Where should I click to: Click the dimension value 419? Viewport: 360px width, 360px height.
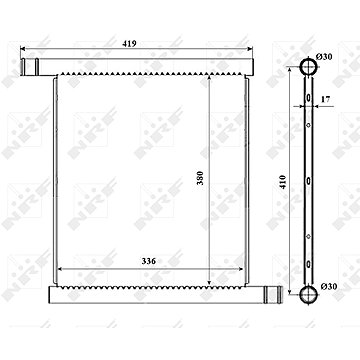(x=129, y=44)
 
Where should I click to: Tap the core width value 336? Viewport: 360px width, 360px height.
(x=149, y=261)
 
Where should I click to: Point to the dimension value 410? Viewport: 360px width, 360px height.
(x=283, y=182)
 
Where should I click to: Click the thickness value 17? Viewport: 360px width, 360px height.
(x=326, y=99)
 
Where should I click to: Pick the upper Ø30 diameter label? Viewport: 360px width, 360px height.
(x=324, y=57)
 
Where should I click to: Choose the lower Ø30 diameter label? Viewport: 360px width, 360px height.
(x=329, y=286)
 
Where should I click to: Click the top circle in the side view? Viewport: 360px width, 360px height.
(x=308, y=66)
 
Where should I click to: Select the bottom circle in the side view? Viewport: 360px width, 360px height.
(x=308, y=294)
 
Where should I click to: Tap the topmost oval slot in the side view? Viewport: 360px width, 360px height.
(x=309, y=98)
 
